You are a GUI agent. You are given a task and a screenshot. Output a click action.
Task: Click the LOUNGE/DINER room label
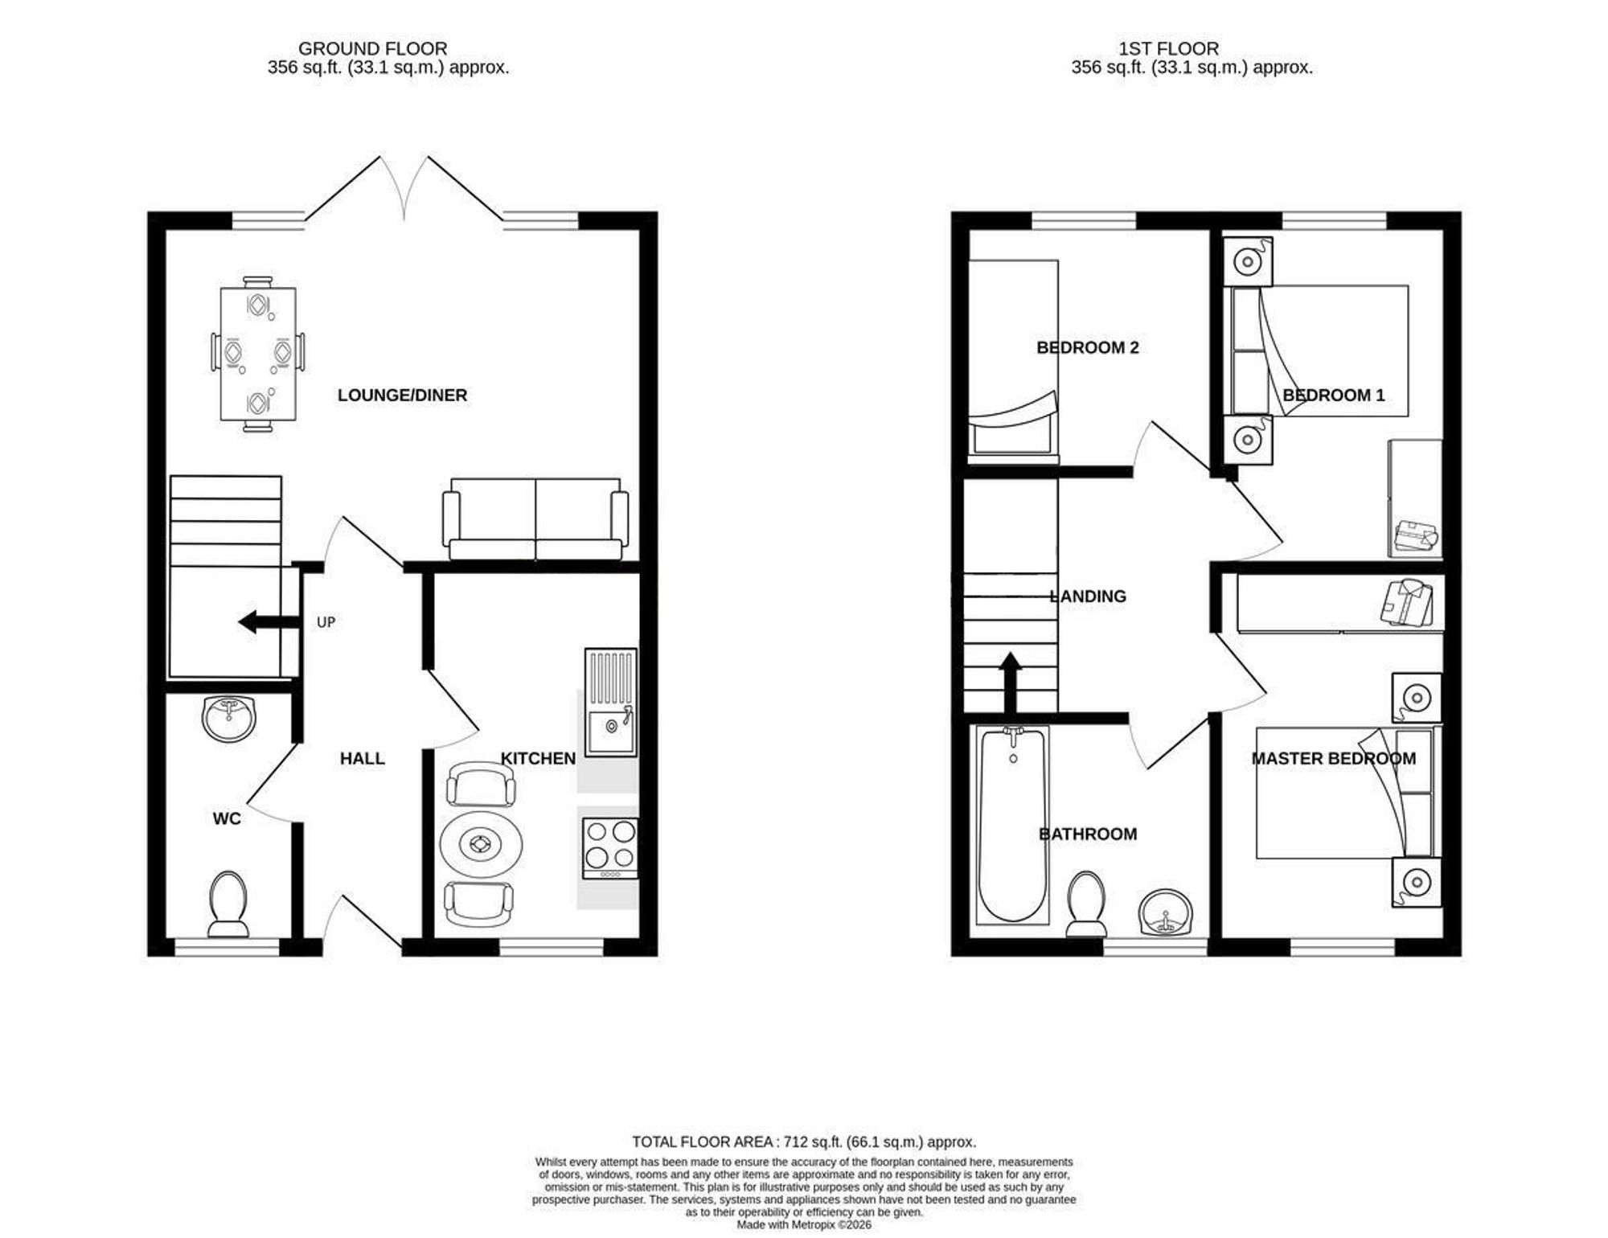402,396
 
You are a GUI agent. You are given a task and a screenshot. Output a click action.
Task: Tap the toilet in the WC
228,904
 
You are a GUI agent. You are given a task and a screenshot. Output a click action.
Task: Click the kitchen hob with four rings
610,849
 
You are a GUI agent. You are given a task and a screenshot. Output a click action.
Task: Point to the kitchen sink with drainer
610,703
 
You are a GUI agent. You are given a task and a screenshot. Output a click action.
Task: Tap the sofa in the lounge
535,519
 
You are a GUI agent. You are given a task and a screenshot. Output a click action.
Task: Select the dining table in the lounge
258,354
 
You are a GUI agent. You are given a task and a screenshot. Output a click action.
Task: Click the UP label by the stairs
326,622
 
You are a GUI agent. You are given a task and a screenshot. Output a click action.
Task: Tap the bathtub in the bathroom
1013,825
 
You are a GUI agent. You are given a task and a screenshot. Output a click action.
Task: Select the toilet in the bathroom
1086,904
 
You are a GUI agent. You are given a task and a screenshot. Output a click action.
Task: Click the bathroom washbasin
1167,912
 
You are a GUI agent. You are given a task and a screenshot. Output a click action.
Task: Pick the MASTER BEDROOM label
1334,759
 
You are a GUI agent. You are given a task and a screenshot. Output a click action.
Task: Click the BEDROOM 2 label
1088,348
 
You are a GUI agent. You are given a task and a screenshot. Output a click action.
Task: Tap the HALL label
362,759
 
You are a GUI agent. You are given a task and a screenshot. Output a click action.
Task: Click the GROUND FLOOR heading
372,49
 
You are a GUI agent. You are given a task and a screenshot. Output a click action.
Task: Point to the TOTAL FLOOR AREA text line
804,1142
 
